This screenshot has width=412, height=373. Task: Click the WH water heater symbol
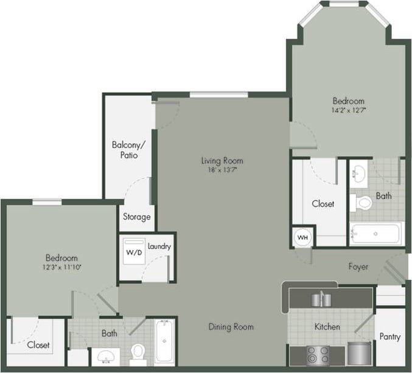tap(302, 237)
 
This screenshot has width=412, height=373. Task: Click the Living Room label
tap(222, 161)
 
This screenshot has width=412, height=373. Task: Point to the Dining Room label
tap(231, 327)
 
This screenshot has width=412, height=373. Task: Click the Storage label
tap(137, 217)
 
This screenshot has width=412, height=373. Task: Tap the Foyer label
tap(358, 267)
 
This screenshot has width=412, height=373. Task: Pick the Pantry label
tap(389, 336)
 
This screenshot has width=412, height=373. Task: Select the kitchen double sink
tap(320, 299)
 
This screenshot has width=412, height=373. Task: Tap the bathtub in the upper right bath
tap(375, 234)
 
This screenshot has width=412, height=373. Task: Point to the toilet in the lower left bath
tap(138, 352)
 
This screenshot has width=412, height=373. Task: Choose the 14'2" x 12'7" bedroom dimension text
tap(349, 111)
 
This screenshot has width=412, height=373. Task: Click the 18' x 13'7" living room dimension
tap(222, 170)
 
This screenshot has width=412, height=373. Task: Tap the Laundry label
tap(159, 246)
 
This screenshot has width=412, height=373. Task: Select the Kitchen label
tap(327, 327)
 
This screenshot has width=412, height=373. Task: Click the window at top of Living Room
tap(218, 94)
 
